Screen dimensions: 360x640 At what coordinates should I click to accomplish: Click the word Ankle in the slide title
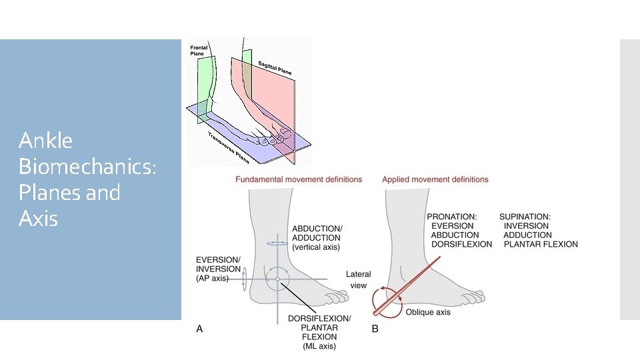click(x=45, y=141)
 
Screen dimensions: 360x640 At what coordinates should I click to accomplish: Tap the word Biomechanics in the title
click(x=87, y=167)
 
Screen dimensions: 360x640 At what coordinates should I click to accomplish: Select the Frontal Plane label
click(x=200, y=50)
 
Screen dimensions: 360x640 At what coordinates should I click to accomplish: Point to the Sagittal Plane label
click(x=271, y=65)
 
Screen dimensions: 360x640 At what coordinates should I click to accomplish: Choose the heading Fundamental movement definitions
click(x=299, y=179)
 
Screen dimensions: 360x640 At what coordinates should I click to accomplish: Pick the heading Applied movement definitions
click(x=435, y=179)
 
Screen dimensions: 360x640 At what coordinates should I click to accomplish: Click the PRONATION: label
click(x=452, y=217)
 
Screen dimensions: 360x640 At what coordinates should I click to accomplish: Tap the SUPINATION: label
click(x=525, y=217)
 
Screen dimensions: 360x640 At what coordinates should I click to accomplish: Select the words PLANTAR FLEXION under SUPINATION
click(x=541, y=244)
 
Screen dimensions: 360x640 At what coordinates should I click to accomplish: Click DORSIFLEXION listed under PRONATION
click(x=461, y=244)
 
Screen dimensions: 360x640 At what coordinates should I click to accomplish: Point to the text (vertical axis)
click(x=316, y=247)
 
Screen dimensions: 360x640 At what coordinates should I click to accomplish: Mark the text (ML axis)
click(x=319, y=337)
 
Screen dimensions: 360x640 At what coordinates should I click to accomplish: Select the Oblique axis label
click(x=427, y=312)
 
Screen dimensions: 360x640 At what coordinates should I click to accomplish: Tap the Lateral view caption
click(x=358, y=280)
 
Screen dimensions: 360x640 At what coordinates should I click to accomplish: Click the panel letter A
click(x=199, y=328)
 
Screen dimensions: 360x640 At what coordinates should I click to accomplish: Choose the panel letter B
click(x=375, y=328)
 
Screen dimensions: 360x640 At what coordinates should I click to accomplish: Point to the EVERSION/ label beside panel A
click(x=219, y=259)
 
